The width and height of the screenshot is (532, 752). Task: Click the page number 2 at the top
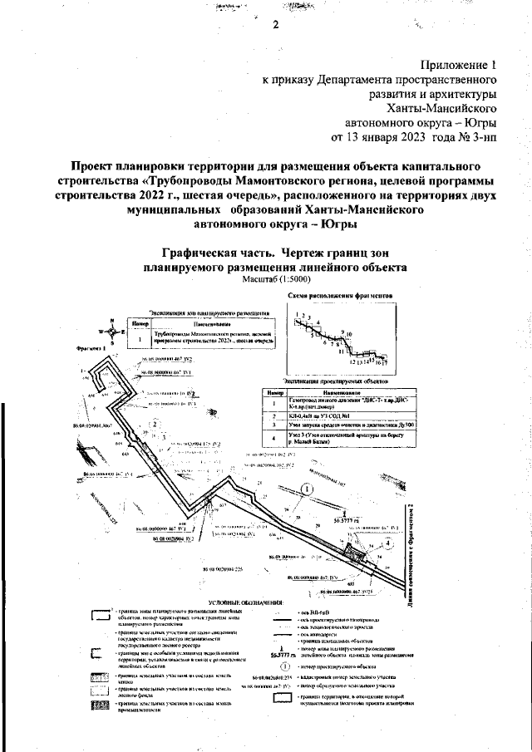tap(275, 24)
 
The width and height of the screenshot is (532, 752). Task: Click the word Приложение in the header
tap(456, 64)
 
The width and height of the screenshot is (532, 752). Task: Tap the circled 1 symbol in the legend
tap(284, 666)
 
